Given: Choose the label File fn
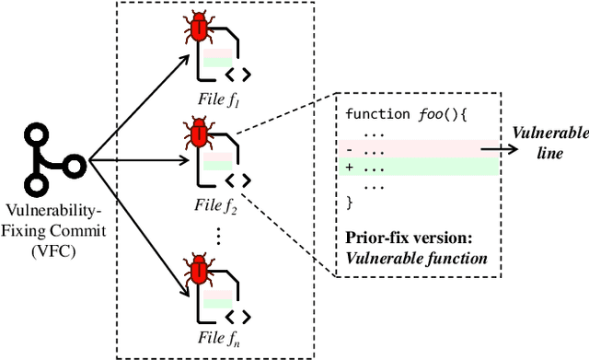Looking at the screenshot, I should pyautogui.click(x=220, y=343).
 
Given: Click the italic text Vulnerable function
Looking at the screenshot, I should pyautogui.click(x=415, y=257).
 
